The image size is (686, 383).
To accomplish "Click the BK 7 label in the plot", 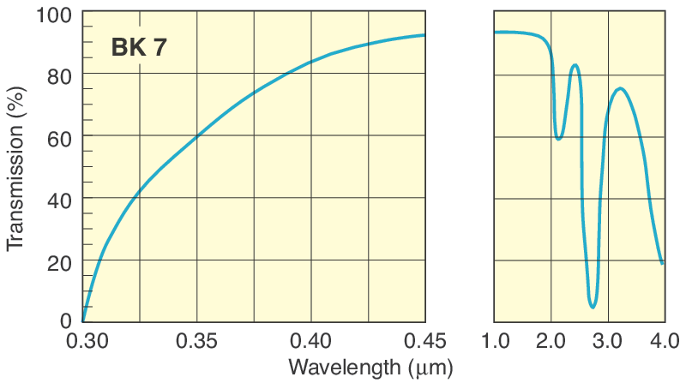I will pyautogui.click(x=139, y=47).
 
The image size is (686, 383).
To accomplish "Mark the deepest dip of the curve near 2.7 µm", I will pyautogui.click(x=593, y=306).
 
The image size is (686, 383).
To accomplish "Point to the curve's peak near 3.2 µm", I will pyautogui.click(x=620, y=88).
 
